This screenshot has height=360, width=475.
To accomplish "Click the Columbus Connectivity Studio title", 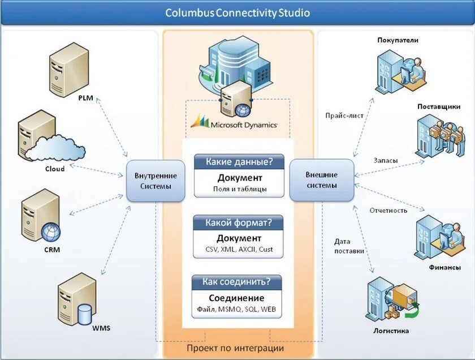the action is pos(237,13).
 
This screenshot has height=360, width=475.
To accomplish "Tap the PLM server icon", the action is pos(69,70).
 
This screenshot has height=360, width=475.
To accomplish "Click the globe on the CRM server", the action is pos(51,232).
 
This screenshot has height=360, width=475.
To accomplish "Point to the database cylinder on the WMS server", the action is pos(84,314).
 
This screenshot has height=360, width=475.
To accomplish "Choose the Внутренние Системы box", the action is pos(156,181).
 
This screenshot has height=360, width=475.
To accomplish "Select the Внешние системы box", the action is pos(322,180).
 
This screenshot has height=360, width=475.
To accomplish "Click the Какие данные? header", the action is pos(239,162).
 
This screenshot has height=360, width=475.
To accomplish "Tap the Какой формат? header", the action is pos(238,222).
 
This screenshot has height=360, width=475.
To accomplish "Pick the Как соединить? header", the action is pos(236,282).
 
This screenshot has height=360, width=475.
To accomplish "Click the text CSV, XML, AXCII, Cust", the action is pos(239,249).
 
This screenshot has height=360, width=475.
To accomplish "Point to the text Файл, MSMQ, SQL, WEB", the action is pos(236,309).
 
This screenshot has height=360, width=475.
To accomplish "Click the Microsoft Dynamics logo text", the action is pos(244,125).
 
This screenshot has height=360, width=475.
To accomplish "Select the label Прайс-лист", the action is pos(344,115).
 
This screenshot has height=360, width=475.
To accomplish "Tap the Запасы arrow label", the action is pos(385,160).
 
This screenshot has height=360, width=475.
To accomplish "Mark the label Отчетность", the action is pos(388,210).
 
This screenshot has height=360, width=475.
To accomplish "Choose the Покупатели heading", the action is pos(398,40).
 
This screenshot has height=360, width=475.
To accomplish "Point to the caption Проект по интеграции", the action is pos(235,348).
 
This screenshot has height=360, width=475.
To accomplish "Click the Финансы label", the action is pos(444,268).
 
